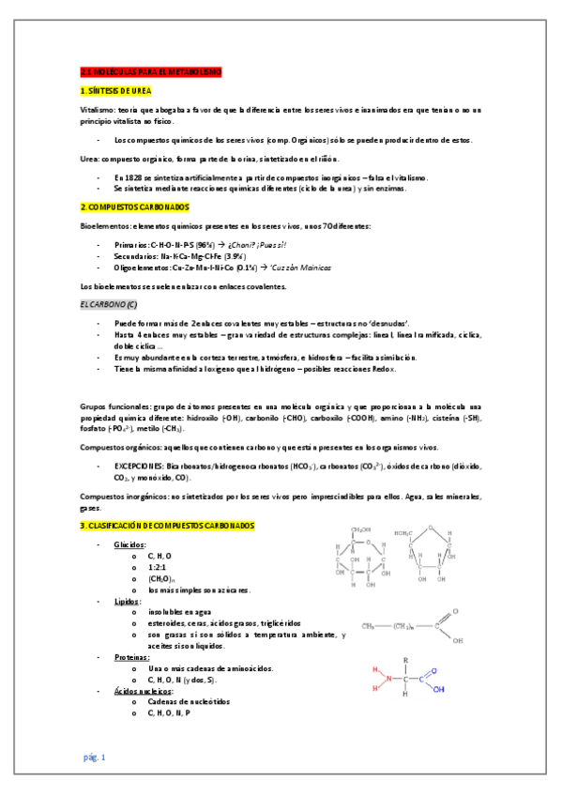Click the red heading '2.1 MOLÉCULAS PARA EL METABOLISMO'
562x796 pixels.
click(150, 71)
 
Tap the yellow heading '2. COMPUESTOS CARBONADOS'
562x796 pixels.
click(134, 206)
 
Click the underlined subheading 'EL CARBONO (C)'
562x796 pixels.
click(108, 304)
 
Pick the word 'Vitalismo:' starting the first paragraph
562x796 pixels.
click(97, 110)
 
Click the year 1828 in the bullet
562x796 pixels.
click(132, 176)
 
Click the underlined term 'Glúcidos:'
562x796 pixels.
click(129, 544)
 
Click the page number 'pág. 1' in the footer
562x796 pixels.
click(95, 757)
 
